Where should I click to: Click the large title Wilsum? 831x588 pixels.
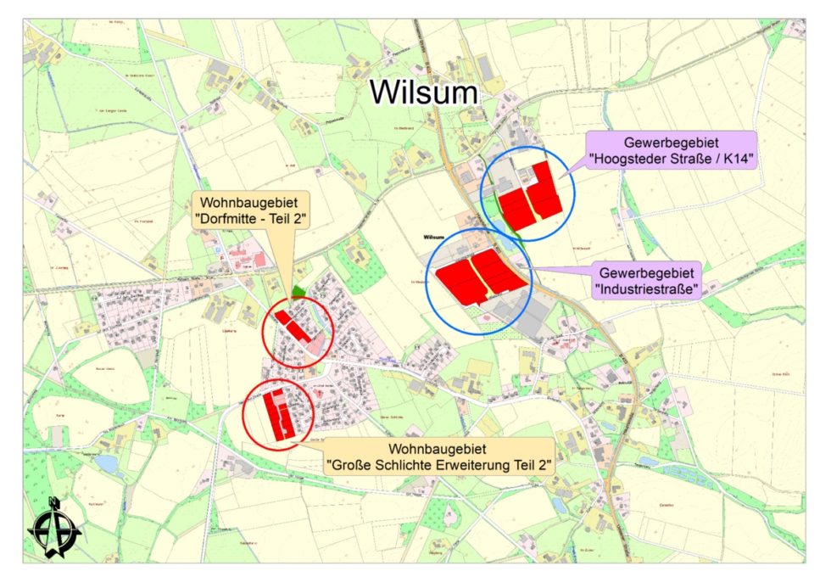[x=423, y=92]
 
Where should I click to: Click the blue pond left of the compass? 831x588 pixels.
[x=106, y=464]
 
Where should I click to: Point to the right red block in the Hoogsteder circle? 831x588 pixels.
[x=544, y=190]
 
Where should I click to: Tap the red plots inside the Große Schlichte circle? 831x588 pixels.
[x=276, y=415]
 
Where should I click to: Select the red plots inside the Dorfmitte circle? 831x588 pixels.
[x=290, y=326]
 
